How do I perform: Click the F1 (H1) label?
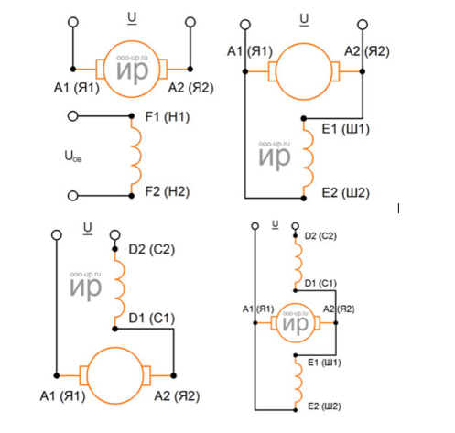(168, 117)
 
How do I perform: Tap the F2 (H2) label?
(168, 192)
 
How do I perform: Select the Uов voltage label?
(73, 157)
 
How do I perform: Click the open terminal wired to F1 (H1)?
(72, 116)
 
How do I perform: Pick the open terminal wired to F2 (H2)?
(72, 196)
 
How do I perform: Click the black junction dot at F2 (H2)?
(132, 196)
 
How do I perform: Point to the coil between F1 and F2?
(136, 156)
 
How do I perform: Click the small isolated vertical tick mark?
(398, 209)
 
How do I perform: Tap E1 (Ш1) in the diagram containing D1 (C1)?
(324, 363)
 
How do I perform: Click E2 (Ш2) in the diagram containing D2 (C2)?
(324, 406)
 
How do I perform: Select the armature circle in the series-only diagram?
(114, 348)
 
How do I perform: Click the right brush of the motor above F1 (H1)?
(163, 70)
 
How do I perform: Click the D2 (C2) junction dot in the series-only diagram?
(114, 249)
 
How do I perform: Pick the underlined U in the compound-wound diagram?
(276, 225)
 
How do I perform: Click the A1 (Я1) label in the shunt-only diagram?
(250, 51)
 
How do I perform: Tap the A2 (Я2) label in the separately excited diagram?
(190, 88)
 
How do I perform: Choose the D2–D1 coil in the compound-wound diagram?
(298, 263)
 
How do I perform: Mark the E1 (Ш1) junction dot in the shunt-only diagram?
(304, 118)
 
